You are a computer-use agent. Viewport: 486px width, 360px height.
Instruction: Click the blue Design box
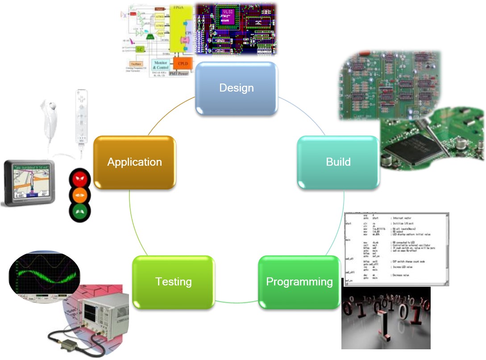pyautogui.click(x=237, y=88)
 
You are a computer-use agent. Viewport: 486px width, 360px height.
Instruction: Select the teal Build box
pyautogui.click(x=338, y=162)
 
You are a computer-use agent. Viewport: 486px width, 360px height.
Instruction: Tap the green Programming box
pyautogui.click(x=299, y=282)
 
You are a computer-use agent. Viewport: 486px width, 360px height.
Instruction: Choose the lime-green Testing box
pyautogui.click(x=174, y=282)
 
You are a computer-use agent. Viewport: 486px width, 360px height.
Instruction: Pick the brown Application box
pyautogui.click(x=134, y=162)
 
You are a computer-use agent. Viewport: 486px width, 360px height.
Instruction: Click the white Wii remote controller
pyautogui.click(x=81, y=118)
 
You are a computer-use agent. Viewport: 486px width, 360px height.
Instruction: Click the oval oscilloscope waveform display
pyautogui.click(x=44, y=276)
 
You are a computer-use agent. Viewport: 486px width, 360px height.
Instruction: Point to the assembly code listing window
pyautogui.click(x=396, y=248)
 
